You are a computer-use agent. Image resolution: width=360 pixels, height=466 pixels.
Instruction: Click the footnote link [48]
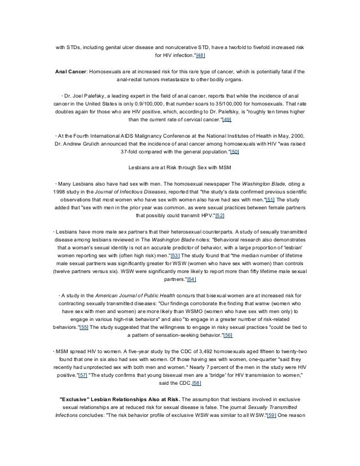200,56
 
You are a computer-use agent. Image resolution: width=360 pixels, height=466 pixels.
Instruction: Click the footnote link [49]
227,120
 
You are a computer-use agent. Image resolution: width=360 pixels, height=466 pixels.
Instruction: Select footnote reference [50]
235,152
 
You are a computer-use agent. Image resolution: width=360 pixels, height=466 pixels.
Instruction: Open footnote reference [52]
220,216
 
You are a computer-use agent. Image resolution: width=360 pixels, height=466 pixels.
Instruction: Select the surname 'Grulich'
99,144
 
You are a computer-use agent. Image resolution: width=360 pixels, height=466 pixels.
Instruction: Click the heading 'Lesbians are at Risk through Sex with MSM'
179,168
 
